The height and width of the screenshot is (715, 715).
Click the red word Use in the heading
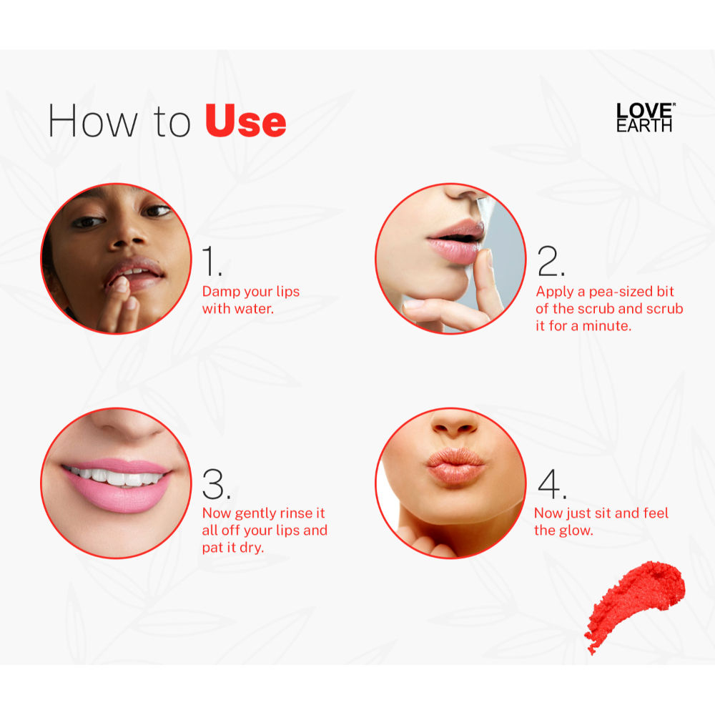tap(245, 122)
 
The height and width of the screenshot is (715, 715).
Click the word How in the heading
tap(92, 122)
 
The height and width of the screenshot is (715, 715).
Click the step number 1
tap(212, 262)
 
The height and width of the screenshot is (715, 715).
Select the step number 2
tap(551, 262)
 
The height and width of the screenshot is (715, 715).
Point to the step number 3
tap(217, 485)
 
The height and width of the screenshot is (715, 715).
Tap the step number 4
tap(552, 485)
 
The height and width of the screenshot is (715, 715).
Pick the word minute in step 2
tap(609, 326)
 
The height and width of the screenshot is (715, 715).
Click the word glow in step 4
tap(577, 531)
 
